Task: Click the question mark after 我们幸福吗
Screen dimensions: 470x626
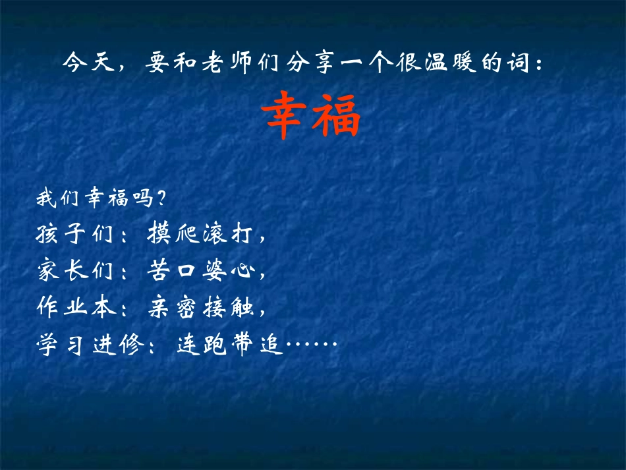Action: click(161, 198)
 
